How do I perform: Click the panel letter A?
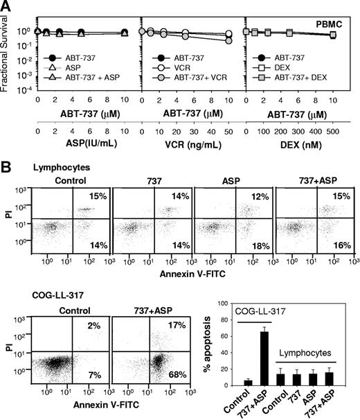[6, 6]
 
